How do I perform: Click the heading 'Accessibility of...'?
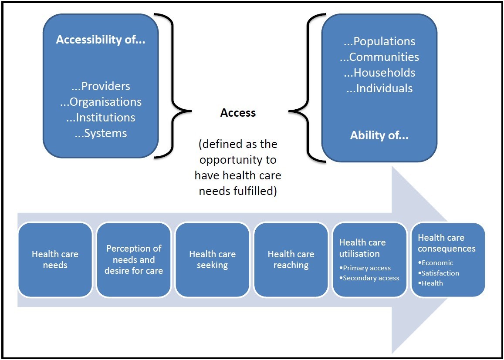coord(100,40)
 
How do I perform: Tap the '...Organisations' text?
coord(101,102)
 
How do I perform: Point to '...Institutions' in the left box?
coord(101,118)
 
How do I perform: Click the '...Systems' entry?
coord(101,133)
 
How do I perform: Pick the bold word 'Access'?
coord(238,113)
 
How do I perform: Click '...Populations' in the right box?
coord(379,41)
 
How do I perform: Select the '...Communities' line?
coord(379,57)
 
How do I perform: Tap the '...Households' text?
coord(379,73)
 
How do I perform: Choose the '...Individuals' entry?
coord(379,88)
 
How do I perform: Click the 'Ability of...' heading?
coord(379,135)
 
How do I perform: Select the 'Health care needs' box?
coord(55,259)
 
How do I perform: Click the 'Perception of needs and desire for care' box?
coord(134,259)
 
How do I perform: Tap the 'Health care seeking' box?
coord(212,259)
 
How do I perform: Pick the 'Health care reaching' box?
coord(291,259)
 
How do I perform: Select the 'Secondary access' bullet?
coord(371,278)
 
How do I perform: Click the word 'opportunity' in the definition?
coord(238,160)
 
